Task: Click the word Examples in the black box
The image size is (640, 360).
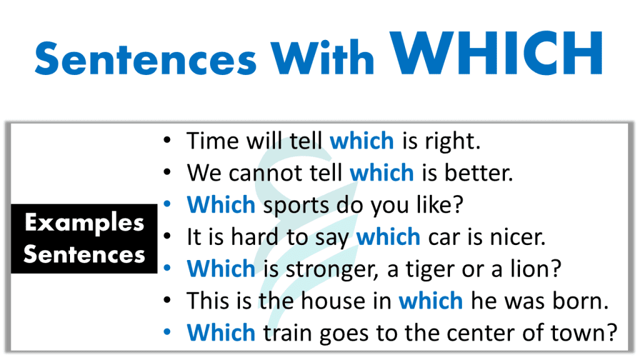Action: (84, 222)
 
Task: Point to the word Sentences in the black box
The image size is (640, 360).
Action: (84, 254)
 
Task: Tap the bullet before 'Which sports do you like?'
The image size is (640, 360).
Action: (166, 204)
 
